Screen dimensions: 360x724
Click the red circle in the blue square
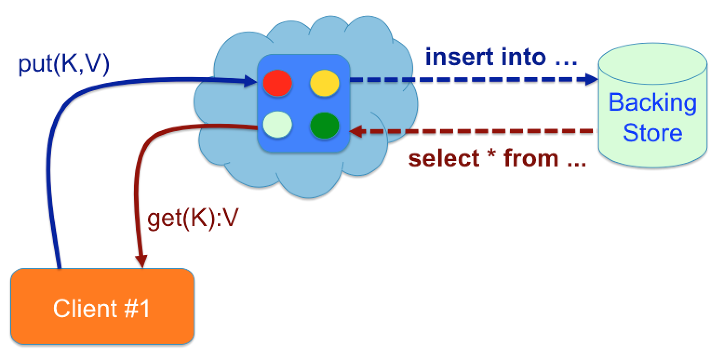tap(277, 83)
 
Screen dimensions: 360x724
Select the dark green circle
tap(324, 126)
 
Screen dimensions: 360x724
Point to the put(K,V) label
tap(64, 65)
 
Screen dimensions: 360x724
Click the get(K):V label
tap(193, 219)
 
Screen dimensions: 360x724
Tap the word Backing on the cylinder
tap(652, 102)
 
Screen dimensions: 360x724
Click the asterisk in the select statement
tap(491, 155)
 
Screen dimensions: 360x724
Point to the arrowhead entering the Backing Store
tap(591, 80)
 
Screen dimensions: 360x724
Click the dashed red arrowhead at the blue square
tap(355, 132)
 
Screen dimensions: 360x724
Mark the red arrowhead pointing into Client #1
tap(141, 260)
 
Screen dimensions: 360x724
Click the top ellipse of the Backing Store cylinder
tap(652, 63)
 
